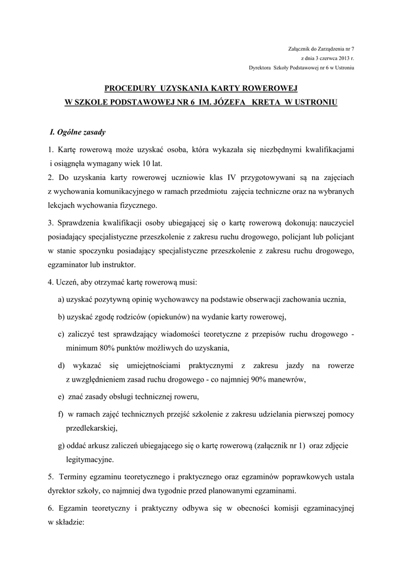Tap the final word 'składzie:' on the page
point(68,522)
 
